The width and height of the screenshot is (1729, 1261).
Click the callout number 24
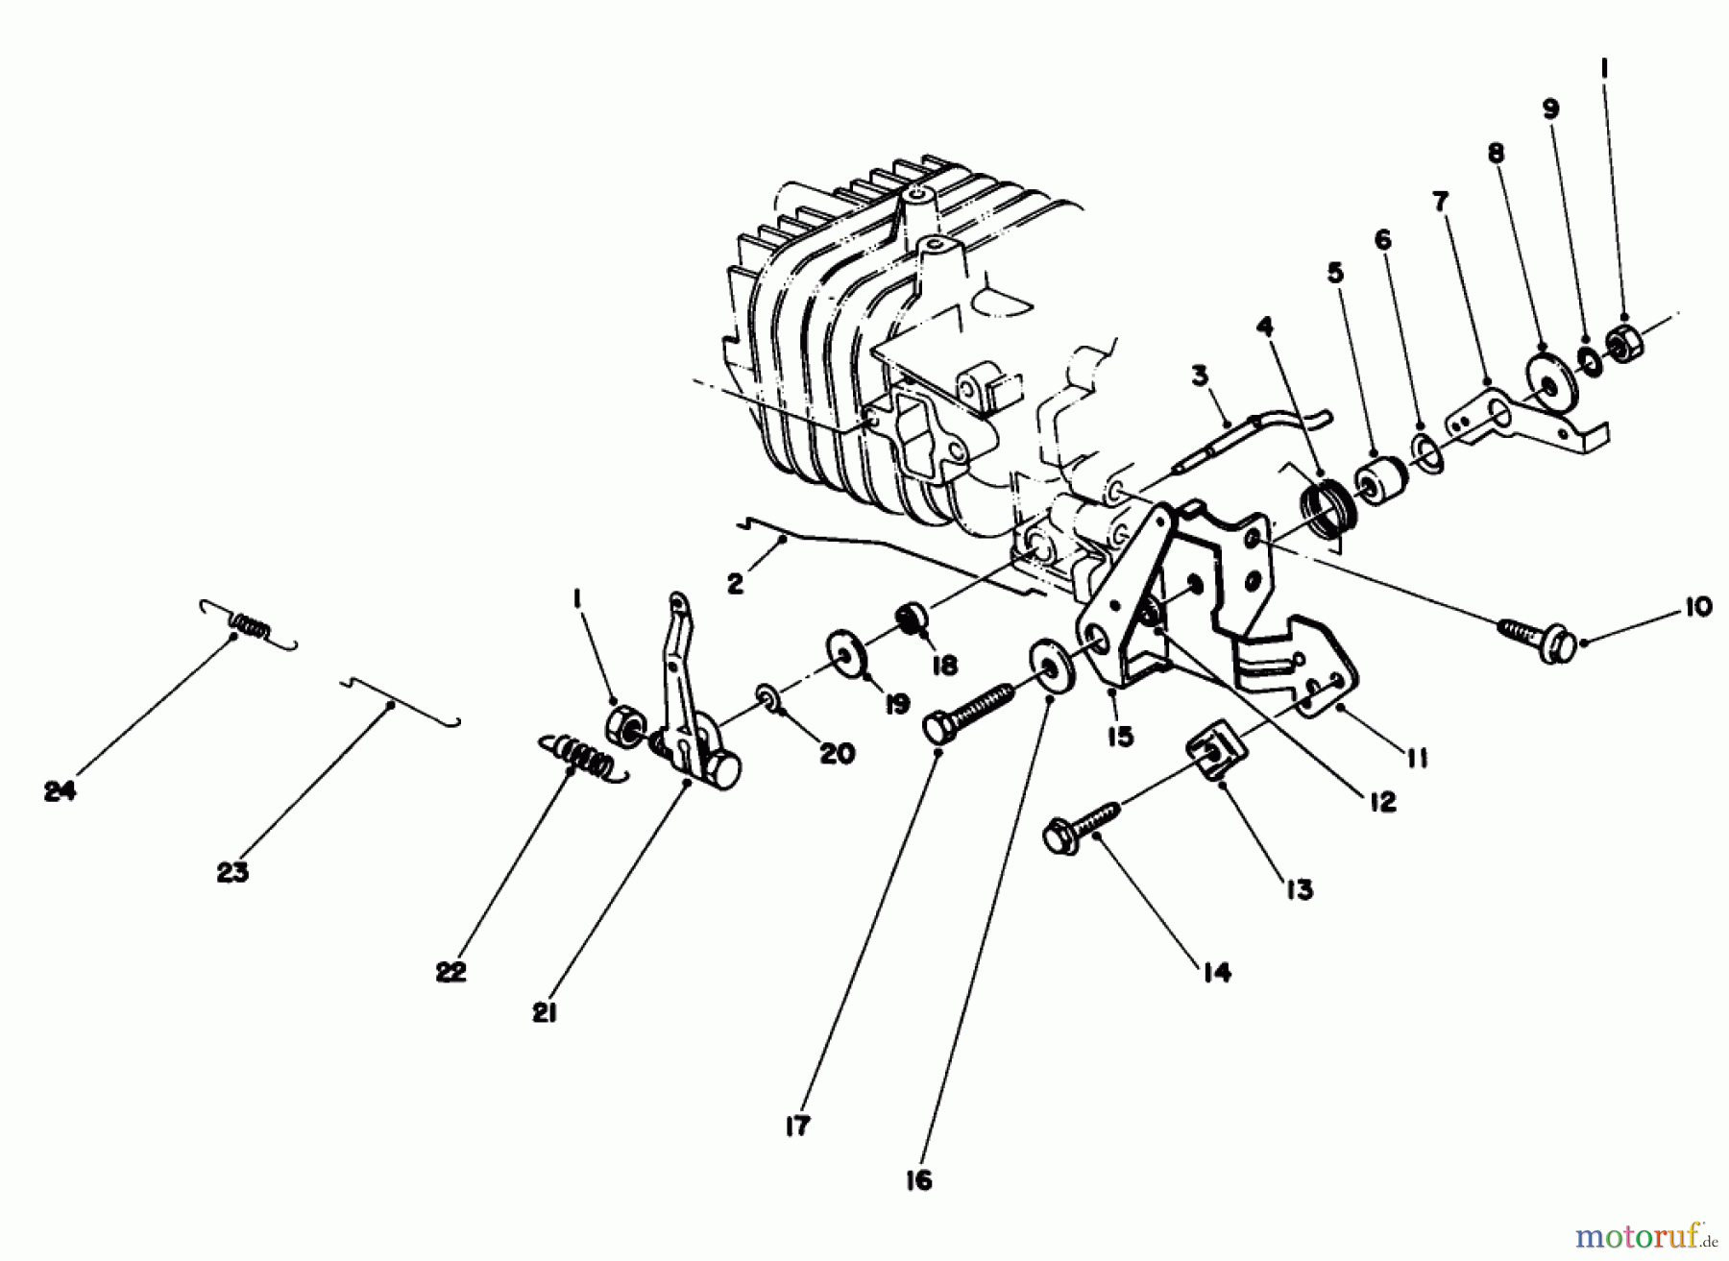pyautogui.click(x=60, y=792)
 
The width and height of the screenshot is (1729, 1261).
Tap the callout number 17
pyautogui.click(x=796, y=1126)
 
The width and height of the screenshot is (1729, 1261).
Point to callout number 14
pyautogui.click(x=1215, y=973)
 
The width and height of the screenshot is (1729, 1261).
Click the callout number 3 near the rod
pyautogui.click(x=1200, y=376)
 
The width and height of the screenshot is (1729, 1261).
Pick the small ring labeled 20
pyautogui.click(x=768, y=694)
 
